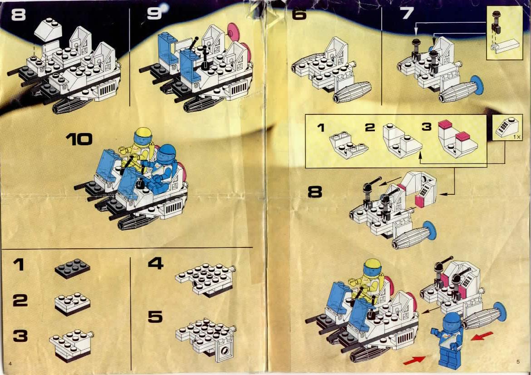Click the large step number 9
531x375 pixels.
pos(154,14)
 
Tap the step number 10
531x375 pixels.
pos(79,139)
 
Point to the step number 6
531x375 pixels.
pos(299,14)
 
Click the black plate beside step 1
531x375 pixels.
pos(73,268)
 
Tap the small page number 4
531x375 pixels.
pos(10,364)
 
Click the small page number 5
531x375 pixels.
pos(518,362)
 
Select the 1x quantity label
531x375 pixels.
pos(516,137)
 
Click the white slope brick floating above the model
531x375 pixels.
pos(49,30)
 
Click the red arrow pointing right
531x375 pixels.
pos(414,360)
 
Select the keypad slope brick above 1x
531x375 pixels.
pos(506,127)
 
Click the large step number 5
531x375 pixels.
pos(155,317)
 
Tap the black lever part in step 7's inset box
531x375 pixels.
pos(496,22)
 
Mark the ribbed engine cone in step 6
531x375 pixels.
pos(352,92)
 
